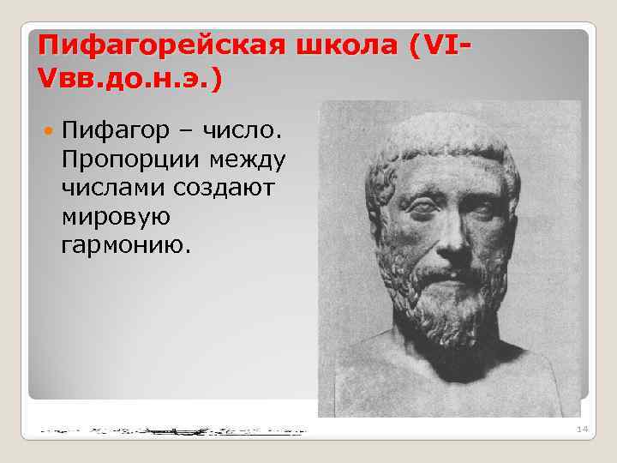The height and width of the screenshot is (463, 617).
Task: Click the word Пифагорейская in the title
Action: coord(158,45)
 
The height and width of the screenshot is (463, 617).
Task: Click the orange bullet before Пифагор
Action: coord(48,134)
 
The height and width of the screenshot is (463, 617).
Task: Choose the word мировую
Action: coord(116,217)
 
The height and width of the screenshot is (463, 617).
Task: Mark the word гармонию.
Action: coord(128,245)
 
